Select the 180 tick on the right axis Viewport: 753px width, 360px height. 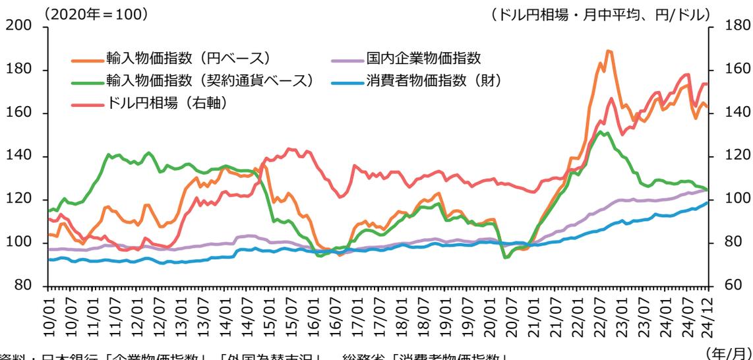(731, 27)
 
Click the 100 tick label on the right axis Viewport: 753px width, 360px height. (731, 200)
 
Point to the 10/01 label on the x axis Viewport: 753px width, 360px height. (48, 310)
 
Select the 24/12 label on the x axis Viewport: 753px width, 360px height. (709, 310)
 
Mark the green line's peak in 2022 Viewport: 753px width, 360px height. (601, 132)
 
